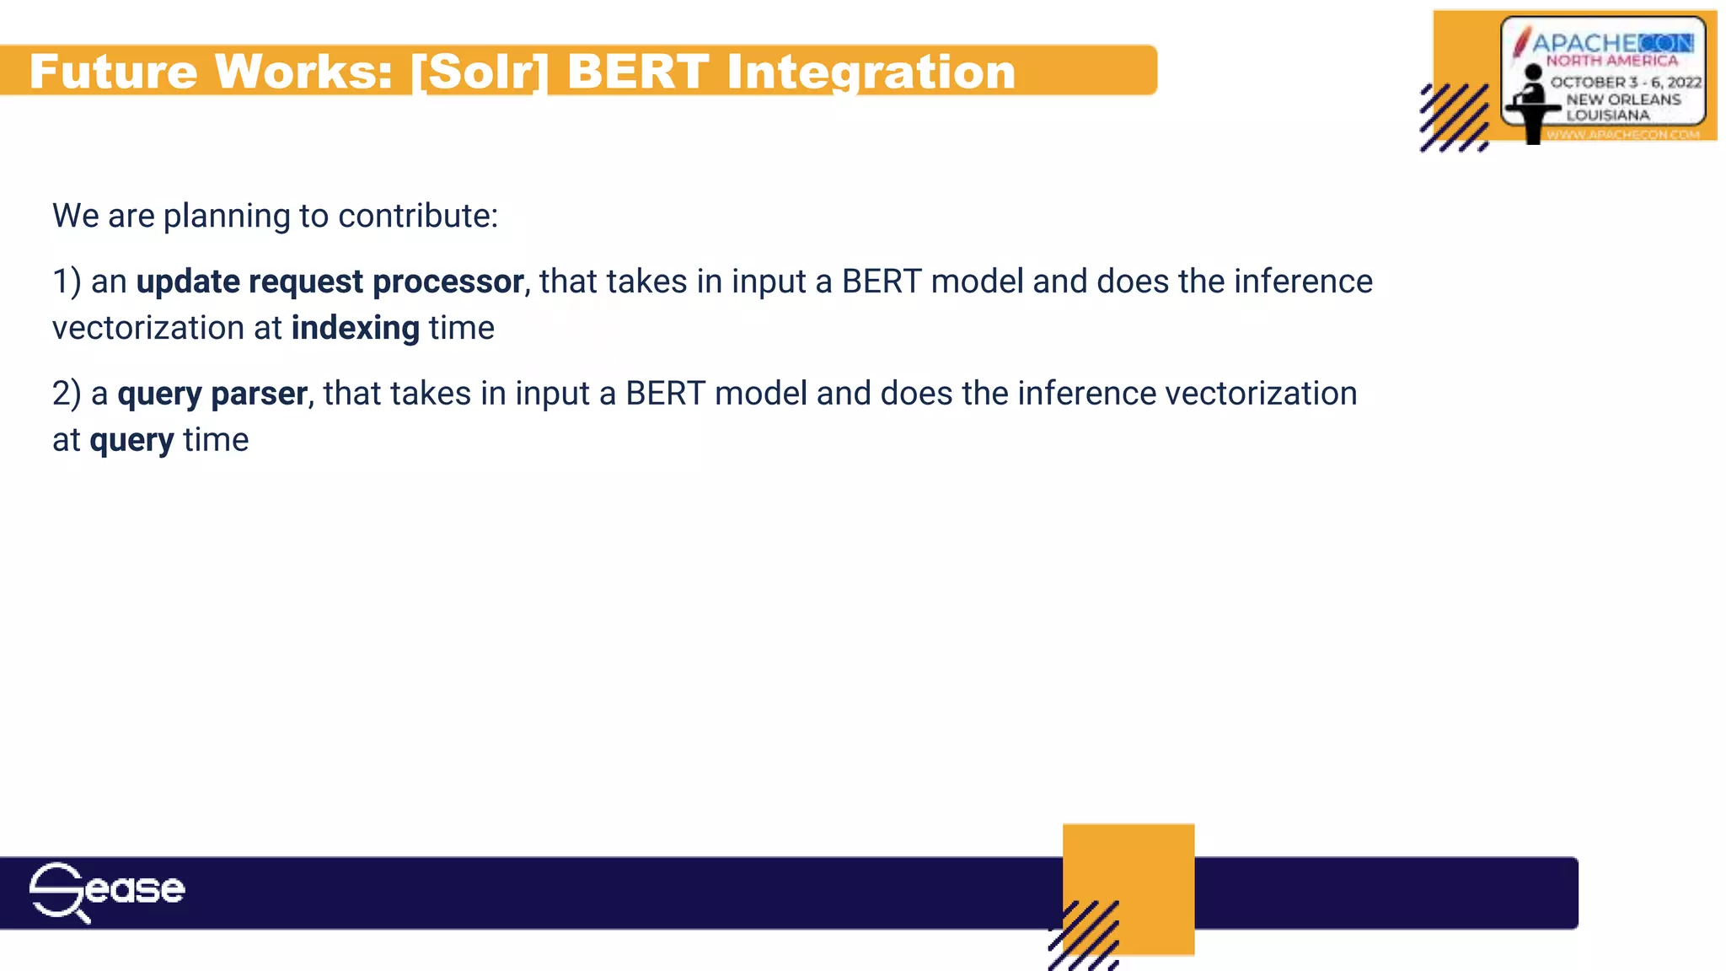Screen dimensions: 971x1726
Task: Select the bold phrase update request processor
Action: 330,282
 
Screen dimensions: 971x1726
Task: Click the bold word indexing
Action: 355,328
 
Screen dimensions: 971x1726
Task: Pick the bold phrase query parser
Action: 212,394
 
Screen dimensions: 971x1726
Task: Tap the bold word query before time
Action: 131,440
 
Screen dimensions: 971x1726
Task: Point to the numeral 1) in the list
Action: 67,282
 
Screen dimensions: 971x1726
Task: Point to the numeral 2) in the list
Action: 67,394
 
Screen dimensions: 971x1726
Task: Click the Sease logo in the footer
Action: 106,891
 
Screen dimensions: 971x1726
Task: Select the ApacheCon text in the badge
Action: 1611,43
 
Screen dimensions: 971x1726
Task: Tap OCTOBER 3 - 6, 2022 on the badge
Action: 1626,82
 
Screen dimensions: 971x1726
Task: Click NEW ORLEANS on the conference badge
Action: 1623,99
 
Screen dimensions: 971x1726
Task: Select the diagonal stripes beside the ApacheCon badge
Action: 1454,118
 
